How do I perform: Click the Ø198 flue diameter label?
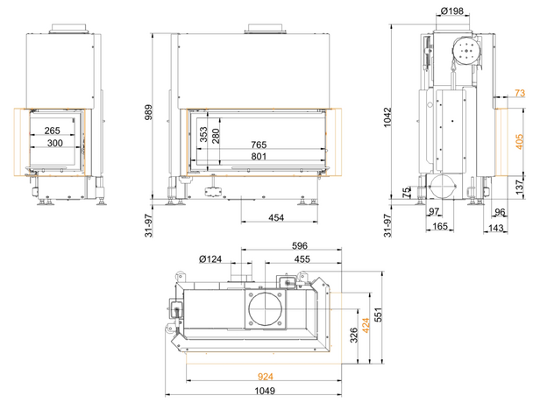pyautogui.click(x=452, y=11)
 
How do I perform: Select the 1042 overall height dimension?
pyautogui.click(x=387, y=117)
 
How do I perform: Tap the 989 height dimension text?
pyautogui.click(x=149, y=112)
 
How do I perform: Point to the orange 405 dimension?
pyautogui.click(x=520, y=142)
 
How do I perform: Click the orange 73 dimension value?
pyautogui.click(x=520, y=93)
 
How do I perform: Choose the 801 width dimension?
pyautogui.click(x=259, y=157)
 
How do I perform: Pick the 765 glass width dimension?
pyautogui.click(x=259, y=145)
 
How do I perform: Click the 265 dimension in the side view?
pyautogui.click(x=52, y=131)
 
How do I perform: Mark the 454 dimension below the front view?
pyautogui.click(x=276, y=218)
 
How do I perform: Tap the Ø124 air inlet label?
pyautogui.click(x=210, y=259)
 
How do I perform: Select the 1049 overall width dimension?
pyautogui.click(x=265, y=391)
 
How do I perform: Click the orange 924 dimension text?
pyautogui.click(x=266, y=377)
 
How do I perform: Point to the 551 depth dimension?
pyautogui.click(x=378, y=315)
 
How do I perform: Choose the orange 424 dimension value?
pyautogui.click(x=366, y=325)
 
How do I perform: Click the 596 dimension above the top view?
pyautogui.click(x=300, y=246)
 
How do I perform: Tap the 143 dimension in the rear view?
pyautogui.click(x=496, y=229)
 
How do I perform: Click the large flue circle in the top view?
pyautogui.click(x=265, y=308)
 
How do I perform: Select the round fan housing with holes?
pyautogui.click(x=466, y=51)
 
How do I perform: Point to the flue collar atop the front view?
pyautogui.click(x=265, y=29)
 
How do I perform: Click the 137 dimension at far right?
pyautogui.click(x=520, y=187)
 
